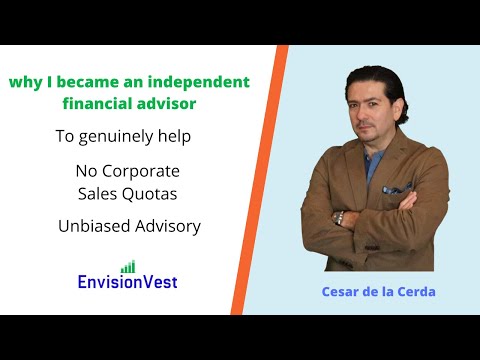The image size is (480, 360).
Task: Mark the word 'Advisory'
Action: [166, 226]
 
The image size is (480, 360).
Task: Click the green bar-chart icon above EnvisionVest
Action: [127, 266]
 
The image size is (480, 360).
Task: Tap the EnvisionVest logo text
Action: [128, 283]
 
